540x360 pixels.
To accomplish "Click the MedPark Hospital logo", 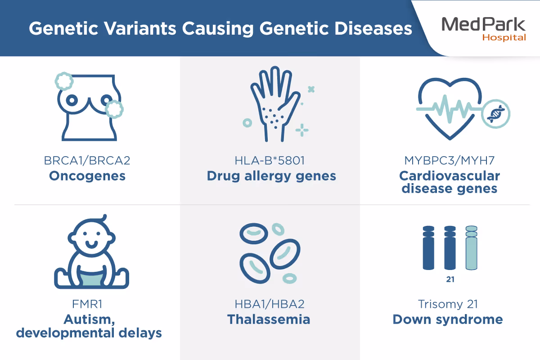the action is (484, 29).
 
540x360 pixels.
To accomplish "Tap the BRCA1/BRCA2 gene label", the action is (87, 161).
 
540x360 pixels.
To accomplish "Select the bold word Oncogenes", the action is (87, 176).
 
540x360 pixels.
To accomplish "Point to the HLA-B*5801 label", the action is (270, 161).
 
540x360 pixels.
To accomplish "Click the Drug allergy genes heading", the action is (271, 176).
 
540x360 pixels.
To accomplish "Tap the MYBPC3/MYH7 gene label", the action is (450, 161).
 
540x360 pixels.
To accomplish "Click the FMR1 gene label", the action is (87, 304).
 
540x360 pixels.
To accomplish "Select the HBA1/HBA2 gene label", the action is (270, 304).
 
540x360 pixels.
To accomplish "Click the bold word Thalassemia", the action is (269, 319).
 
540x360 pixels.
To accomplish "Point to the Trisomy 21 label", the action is (448, 304).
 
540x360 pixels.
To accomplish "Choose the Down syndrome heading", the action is (448, 320).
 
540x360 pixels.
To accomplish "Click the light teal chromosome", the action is (471, 248).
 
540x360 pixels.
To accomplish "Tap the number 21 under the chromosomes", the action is (450, 279).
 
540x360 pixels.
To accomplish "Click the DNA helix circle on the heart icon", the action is (495, 114).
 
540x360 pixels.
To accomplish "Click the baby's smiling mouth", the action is (92, 245).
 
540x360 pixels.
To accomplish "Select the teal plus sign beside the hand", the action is (302, 130).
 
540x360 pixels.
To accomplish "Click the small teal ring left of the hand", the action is (247, 123).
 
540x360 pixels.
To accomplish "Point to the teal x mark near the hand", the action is (311, 90).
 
